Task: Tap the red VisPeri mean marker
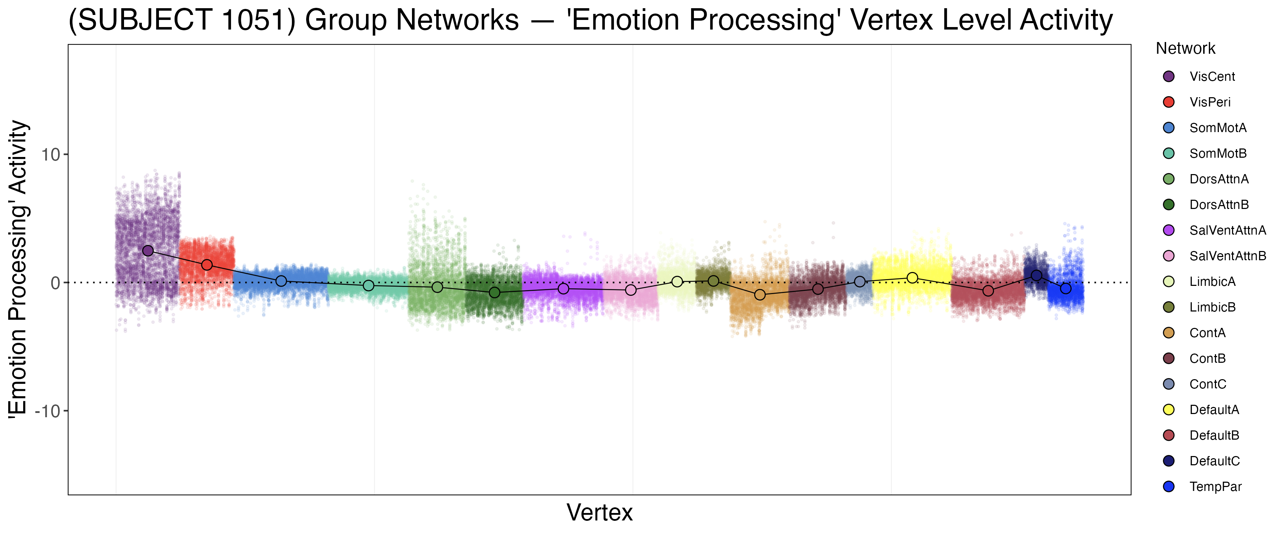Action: click(x=207, y=265)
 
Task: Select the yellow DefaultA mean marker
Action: click(x=912, y=278)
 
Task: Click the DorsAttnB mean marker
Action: click(x=495, y=293)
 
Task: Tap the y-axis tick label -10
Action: click(x=47, y=411)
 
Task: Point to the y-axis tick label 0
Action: click(x=55, y=283)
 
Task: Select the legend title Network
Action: click(x=1185, y=49)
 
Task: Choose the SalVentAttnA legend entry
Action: click(x=1227, y=230)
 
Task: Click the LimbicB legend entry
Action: click(x=1212, y=307)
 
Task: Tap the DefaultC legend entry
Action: click(x=1214, y=461)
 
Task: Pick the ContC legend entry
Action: click(x=1207, y=384)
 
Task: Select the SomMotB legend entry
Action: click(x=1218, y=153)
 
